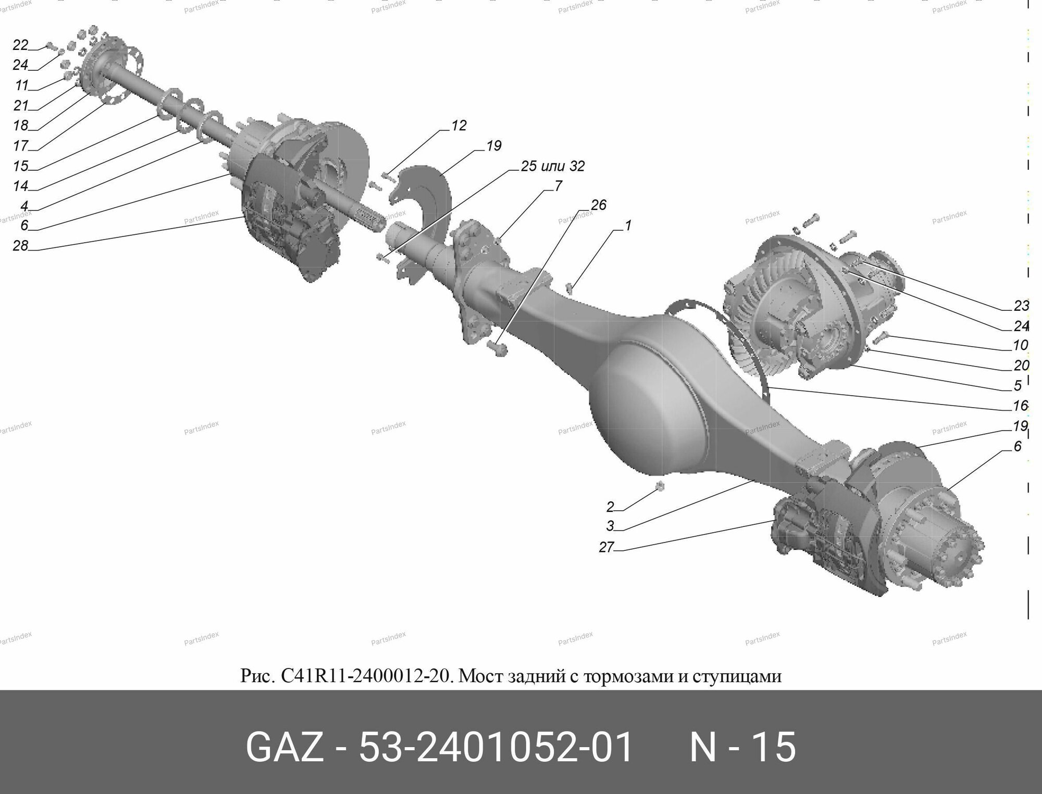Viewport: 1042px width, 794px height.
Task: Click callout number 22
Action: point(20,45)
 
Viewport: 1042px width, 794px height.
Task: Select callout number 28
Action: point(20,245)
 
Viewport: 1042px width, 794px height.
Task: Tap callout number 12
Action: point(458,126)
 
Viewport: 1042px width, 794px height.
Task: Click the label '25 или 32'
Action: point(553,166)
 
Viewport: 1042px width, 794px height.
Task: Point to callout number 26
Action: point(599,205)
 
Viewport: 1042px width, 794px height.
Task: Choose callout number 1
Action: point(628,225)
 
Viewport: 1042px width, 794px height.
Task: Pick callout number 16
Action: point(1020,405)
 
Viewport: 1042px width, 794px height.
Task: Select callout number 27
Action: point(606,547)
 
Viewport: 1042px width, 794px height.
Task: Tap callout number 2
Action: point(610,507)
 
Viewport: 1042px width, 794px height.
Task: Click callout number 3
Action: point(610,526)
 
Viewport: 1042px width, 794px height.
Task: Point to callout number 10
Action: point(1020,345)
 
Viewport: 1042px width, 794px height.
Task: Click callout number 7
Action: point(558,186)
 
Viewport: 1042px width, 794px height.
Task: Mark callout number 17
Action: point(20,145)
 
